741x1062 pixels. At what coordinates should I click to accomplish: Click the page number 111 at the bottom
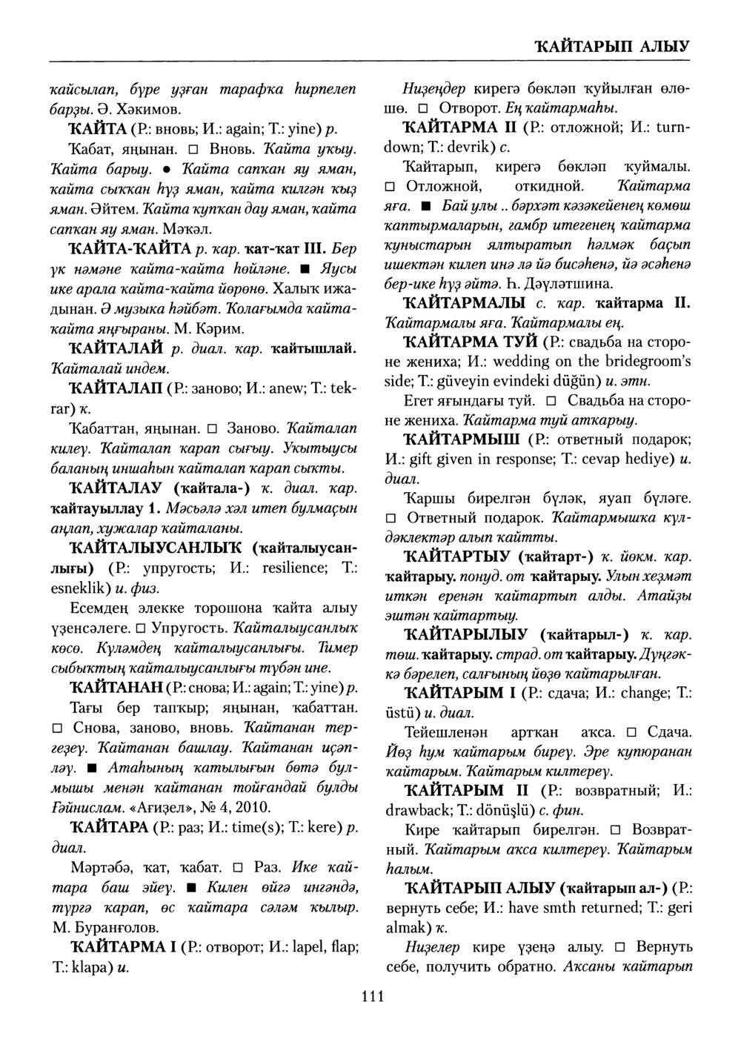click(372, 996)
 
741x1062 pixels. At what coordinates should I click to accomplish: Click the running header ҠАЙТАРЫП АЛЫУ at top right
click(612, 46)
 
